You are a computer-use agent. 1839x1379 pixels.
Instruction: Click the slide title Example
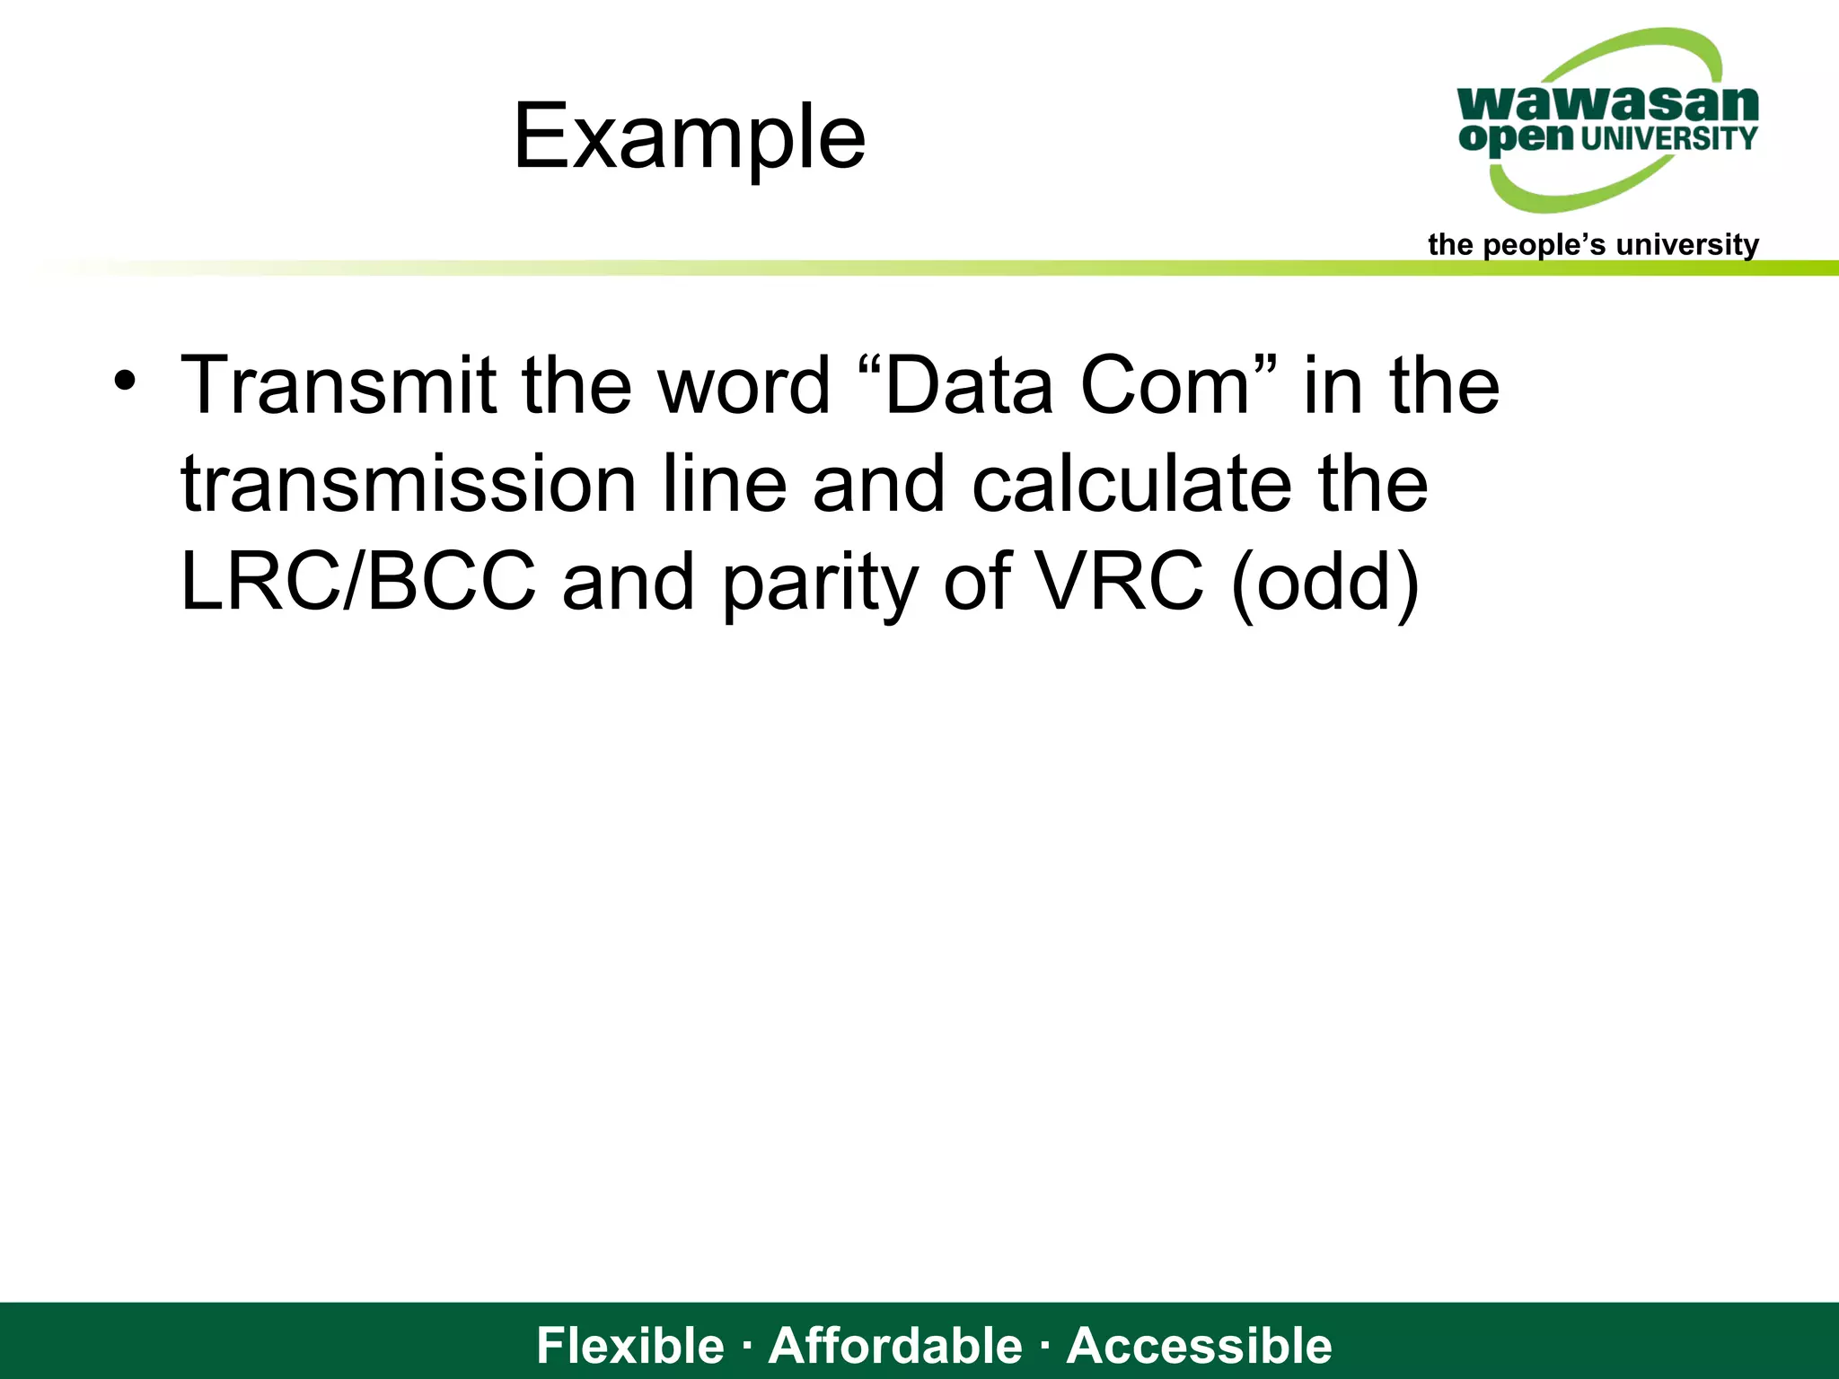point(689,136)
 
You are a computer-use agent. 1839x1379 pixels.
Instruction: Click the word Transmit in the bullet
point(339,385)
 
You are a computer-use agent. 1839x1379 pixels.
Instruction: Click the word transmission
point(409,484)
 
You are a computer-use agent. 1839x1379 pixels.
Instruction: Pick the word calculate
point(1131,484)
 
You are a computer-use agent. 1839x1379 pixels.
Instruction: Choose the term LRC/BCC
point(357,582)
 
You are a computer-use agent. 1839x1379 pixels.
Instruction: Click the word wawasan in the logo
point(1607,104)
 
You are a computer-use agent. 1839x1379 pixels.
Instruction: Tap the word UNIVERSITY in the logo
point(1668,138)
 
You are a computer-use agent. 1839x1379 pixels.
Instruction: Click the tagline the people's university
point(1593,244)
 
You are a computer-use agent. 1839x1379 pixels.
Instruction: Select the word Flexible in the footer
point(629,1345)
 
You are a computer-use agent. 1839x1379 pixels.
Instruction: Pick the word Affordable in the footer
point(895,1345)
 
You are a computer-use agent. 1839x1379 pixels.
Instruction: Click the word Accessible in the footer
point(1199,1345)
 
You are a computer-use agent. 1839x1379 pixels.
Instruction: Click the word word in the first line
point(744,385)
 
